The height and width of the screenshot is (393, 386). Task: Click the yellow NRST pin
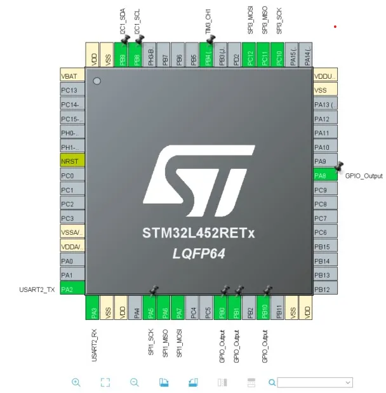72,161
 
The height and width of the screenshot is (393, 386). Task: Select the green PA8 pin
325,176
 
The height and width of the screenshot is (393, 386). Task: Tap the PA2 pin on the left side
72,290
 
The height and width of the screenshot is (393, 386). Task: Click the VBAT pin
72,76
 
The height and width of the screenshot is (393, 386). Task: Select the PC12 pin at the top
250,55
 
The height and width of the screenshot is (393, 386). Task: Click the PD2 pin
236,55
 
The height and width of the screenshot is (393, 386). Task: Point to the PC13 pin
72,90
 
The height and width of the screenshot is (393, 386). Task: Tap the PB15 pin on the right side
325,247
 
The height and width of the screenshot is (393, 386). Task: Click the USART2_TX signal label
38,290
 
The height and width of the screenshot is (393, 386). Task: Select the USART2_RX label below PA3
94,345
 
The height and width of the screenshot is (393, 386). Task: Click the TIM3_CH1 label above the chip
208,22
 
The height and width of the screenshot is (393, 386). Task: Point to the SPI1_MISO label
165,343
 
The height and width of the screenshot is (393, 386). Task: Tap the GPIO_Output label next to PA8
364,176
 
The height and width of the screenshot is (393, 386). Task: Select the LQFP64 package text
199,254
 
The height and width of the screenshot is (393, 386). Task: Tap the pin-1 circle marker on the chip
96,81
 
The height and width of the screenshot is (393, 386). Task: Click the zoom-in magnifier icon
76,382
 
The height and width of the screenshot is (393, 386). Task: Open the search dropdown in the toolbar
348,382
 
